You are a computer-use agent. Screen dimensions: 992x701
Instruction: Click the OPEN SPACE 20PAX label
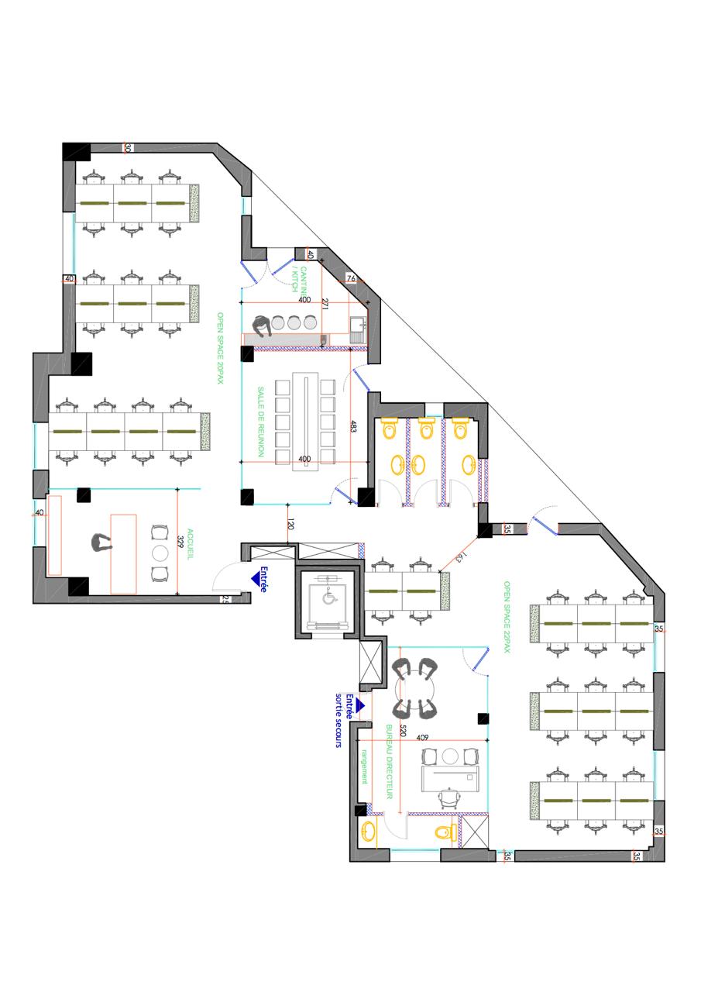click(220, 348)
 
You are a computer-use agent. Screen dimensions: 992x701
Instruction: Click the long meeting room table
click(305, 422)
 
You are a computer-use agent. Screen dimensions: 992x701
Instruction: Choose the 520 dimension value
click(403, 730)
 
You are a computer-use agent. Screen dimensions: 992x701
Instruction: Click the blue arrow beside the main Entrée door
click(255, 578)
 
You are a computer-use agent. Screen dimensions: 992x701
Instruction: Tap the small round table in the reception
click(160, 553)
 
